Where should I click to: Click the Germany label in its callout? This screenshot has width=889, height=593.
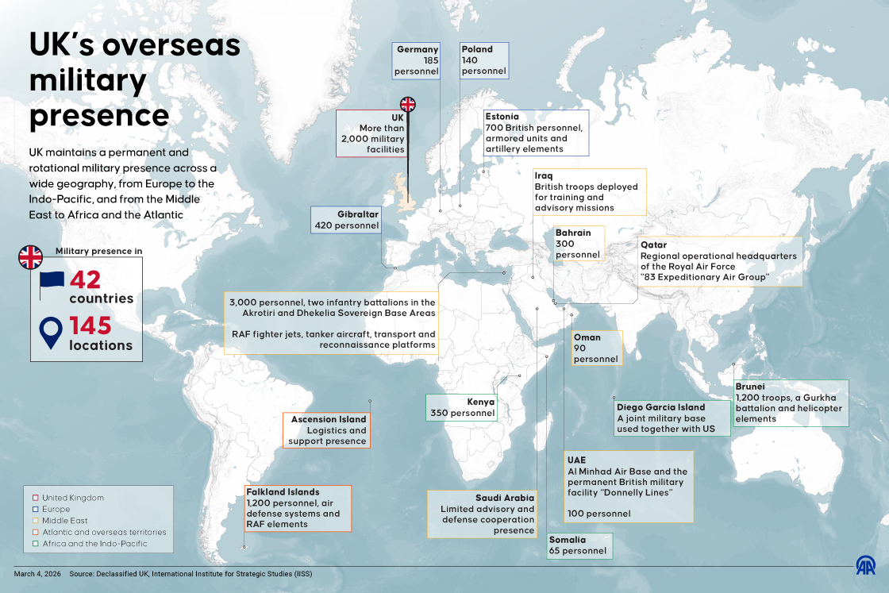(x=418, y=49)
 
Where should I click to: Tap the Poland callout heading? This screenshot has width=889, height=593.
(x=477, y=49)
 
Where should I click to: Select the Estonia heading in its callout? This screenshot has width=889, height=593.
(x=502, y=117)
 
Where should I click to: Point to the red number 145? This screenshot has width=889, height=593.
(x=100, y=326)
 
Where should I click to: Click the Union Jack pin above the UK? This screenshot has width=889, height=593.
(x=407, y=104)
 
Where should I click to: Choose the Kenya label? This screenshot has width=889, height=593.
(x=481, y=402)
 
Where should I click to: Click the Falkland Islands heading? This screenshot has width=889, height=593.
(x=283, y=492)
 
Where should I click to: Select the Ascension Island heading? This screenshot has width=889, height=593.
(x=329, y=419)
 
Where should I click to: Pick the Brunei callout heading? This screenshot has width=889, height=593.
(x=750, y=387)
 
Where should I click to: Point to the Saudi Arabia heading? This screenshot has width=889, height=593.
(x=506, y=498)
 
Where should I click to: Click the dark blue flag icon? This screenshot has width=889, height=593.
(x=52, y=284)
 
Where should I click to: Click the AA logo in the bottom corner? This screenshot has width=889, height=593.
(x=864, y=566)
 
